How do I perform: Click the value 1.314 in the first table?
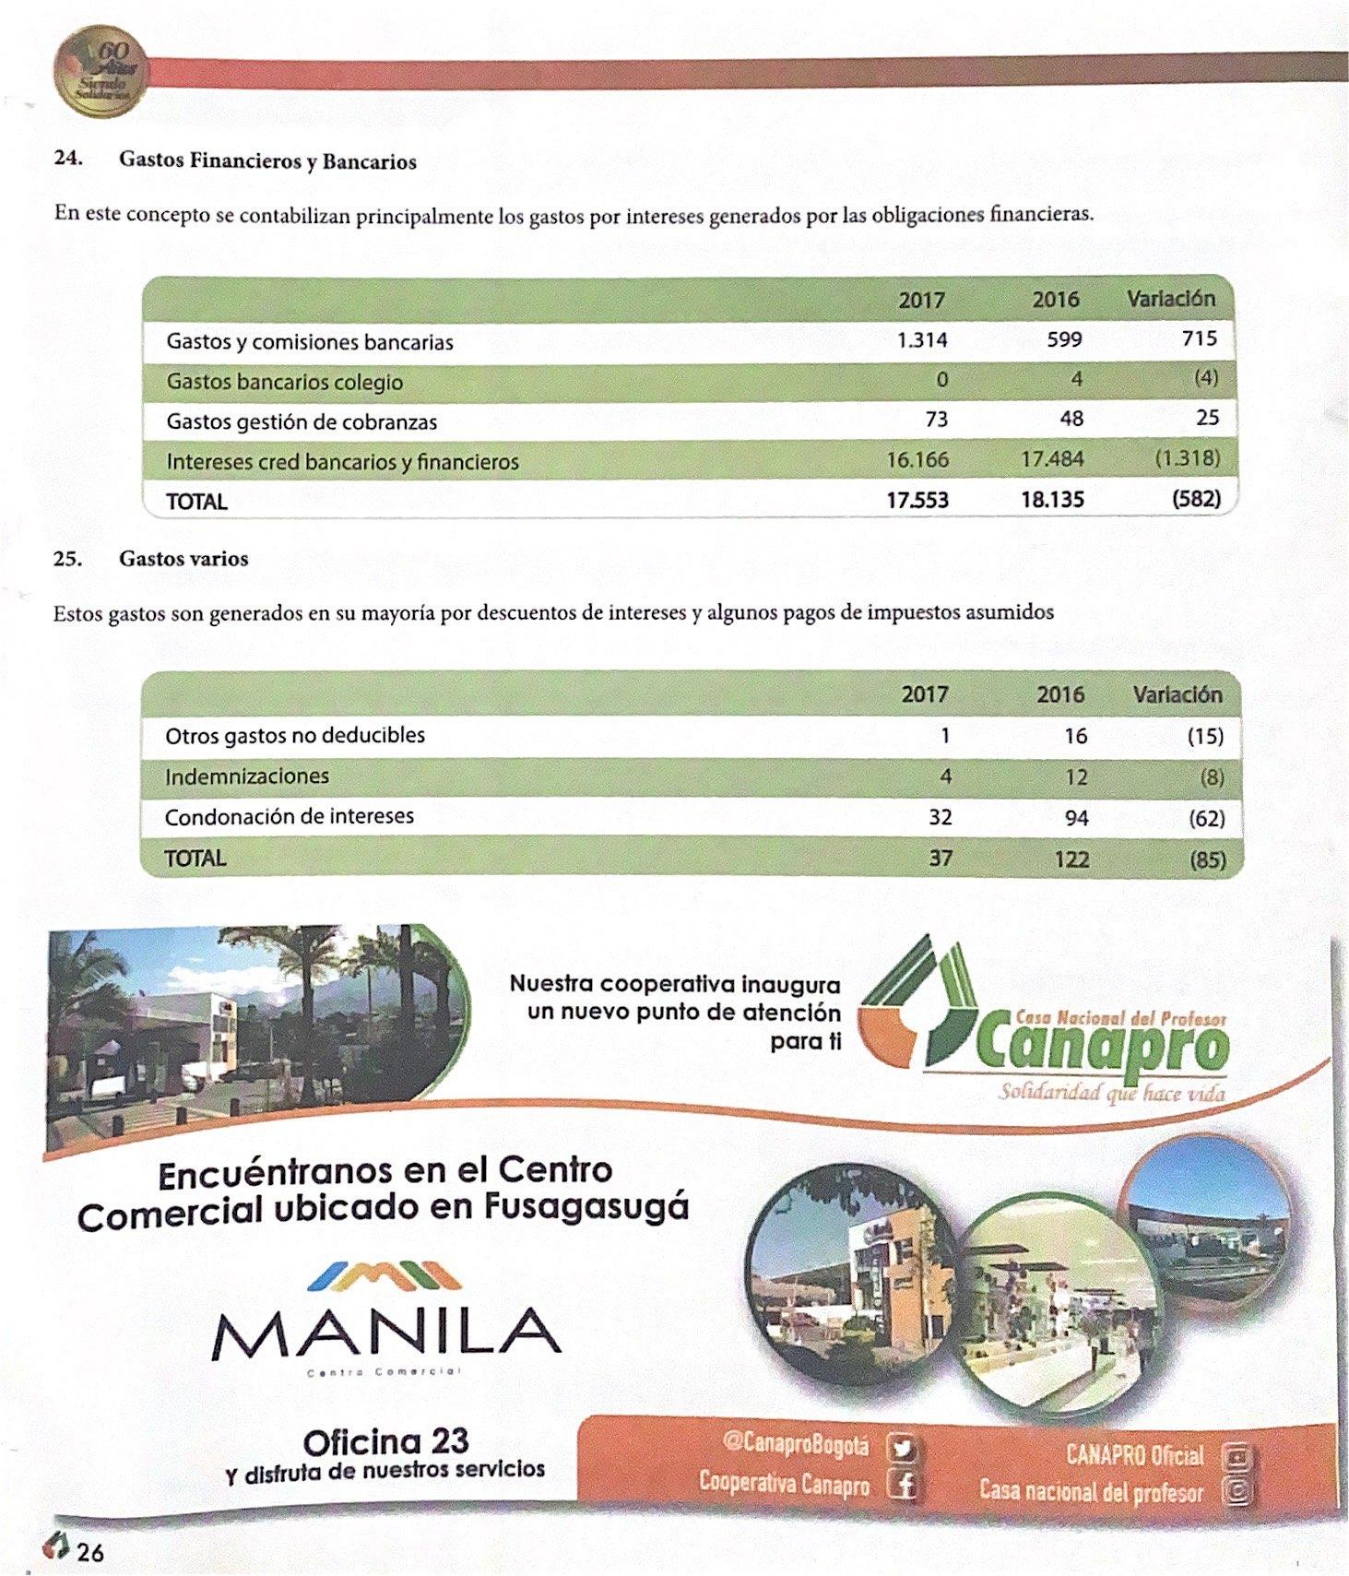coord(921,340)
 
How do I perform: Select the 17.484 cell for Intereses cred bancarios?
coord(1052,458)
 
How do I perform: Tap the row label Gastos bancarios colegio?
coord(284,382)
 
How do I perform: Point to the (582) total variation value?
coord(1196,499)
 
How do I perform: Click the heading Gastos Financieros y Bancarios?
coord(267,161)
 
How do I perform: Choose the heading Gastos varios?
coord(183,559)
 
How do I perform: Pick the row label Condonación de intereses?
coord(290,816)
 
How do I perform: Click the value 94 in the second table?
coord(1075,818)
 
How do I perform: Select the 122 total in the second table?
coord(1071,859)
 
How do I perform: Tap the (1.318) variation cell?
coord(1188,458)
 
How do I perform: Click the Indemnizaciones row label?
coord(247,776)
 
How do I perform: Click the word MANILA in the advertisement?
coord(386,1333)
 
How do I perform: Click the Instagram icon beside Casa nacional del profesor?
coord(1237,1491)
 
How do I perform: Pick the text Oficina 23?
coord(385,1441)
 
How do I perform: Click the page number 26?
coord(90,1553)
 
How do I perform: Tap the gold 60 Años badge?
coord(100,74)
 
